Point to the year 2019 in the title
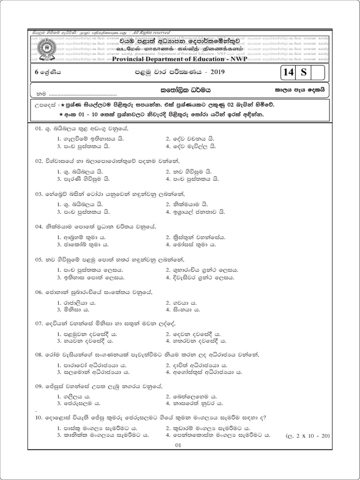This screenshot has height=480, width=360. click(x=215, y=72)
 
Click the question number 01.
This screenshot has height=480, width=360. click(x=39, y=128)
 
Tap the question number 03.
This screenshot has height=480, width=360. click(x=39, y=194)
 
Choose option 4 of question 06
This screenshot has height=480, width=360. click(x=186, y=310)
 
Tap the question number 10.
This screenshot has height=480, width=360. click(x=39, y=417)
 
